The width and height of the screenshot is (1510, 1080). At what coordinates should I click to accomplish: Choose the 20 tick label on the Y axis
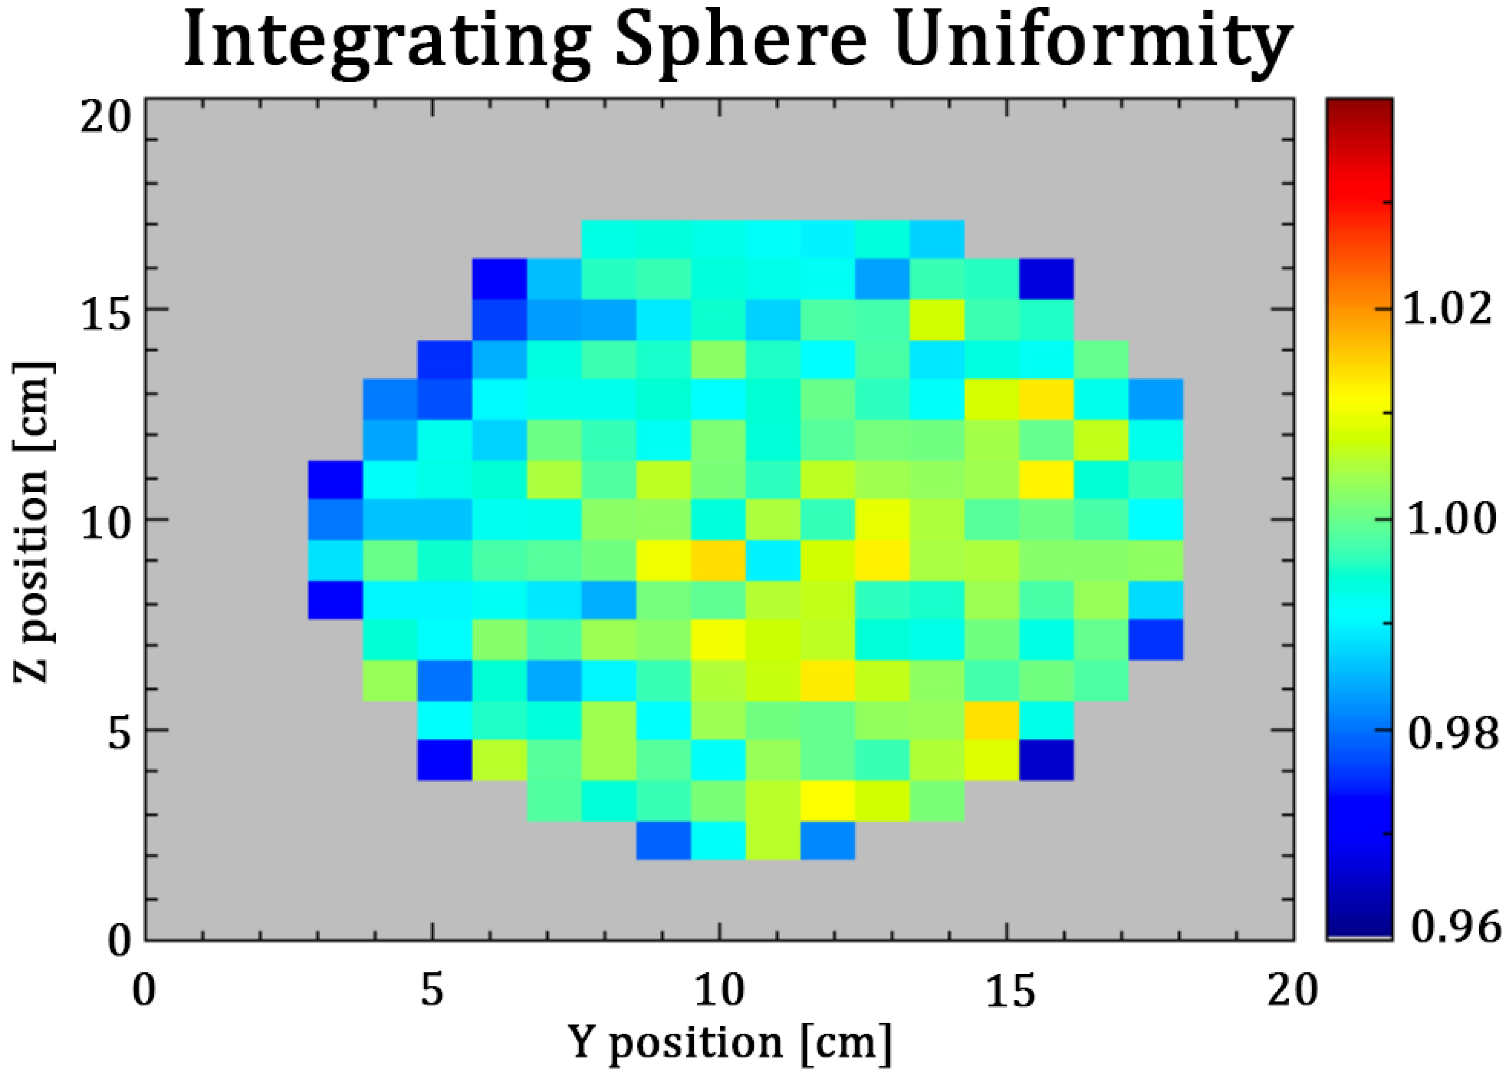(1292, 991)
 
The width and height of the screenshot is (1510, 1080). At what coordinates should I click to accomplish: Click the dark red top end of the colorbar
(1359, 110)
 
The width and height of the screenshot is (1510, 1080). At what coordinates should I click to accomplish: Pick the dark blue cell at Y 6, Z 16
(499, 278)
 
